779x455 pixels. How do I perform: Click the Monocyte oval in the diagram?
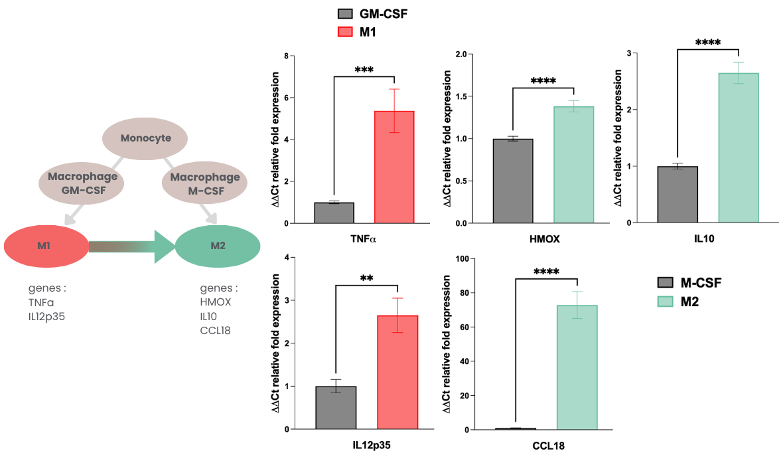click(145, 139)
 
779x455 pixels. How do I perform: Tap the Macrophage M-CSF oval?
click(205, 184)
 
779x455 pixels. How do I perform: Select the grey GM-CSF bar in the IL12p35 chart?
click(336, 407)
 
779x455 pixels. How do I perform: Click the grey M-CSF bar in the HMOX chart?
click(513, 181)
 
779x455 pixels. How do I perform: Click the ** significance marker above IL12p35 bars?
click(366, 279)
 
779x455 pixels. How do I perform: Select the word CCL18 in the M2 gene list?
click(215, 329)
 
